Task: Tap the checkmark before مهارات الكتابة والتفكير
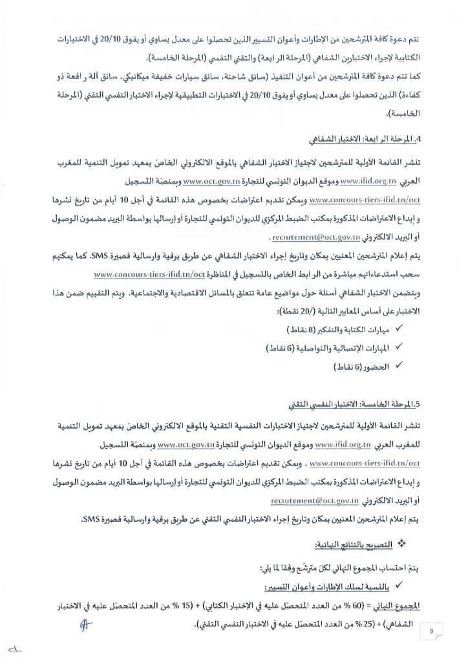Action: pyautogui.click(x=399, y=329)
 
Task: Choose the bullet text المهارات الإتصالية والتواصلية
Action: pyautogui.click(x=343, y=348)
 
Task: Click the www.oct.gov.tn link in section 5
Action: pyautogui.click(x=186, y=445)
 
